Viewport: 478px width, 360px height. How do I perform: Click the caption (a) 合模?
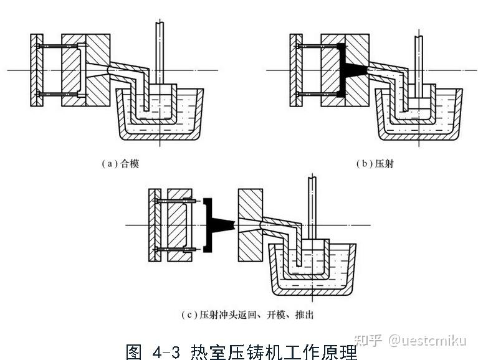pos(120,164)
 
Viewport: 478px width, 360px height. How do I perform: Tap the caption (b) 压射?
pos(375,164)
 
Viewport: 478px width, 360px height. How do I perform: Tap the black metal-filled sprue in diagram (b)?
pos(351,69)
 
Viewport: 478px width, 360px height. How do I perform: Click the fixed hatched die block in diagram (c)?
pos(252,224)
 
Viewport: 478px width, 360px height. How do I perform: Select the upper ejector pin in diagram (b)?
pos(318,47)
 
